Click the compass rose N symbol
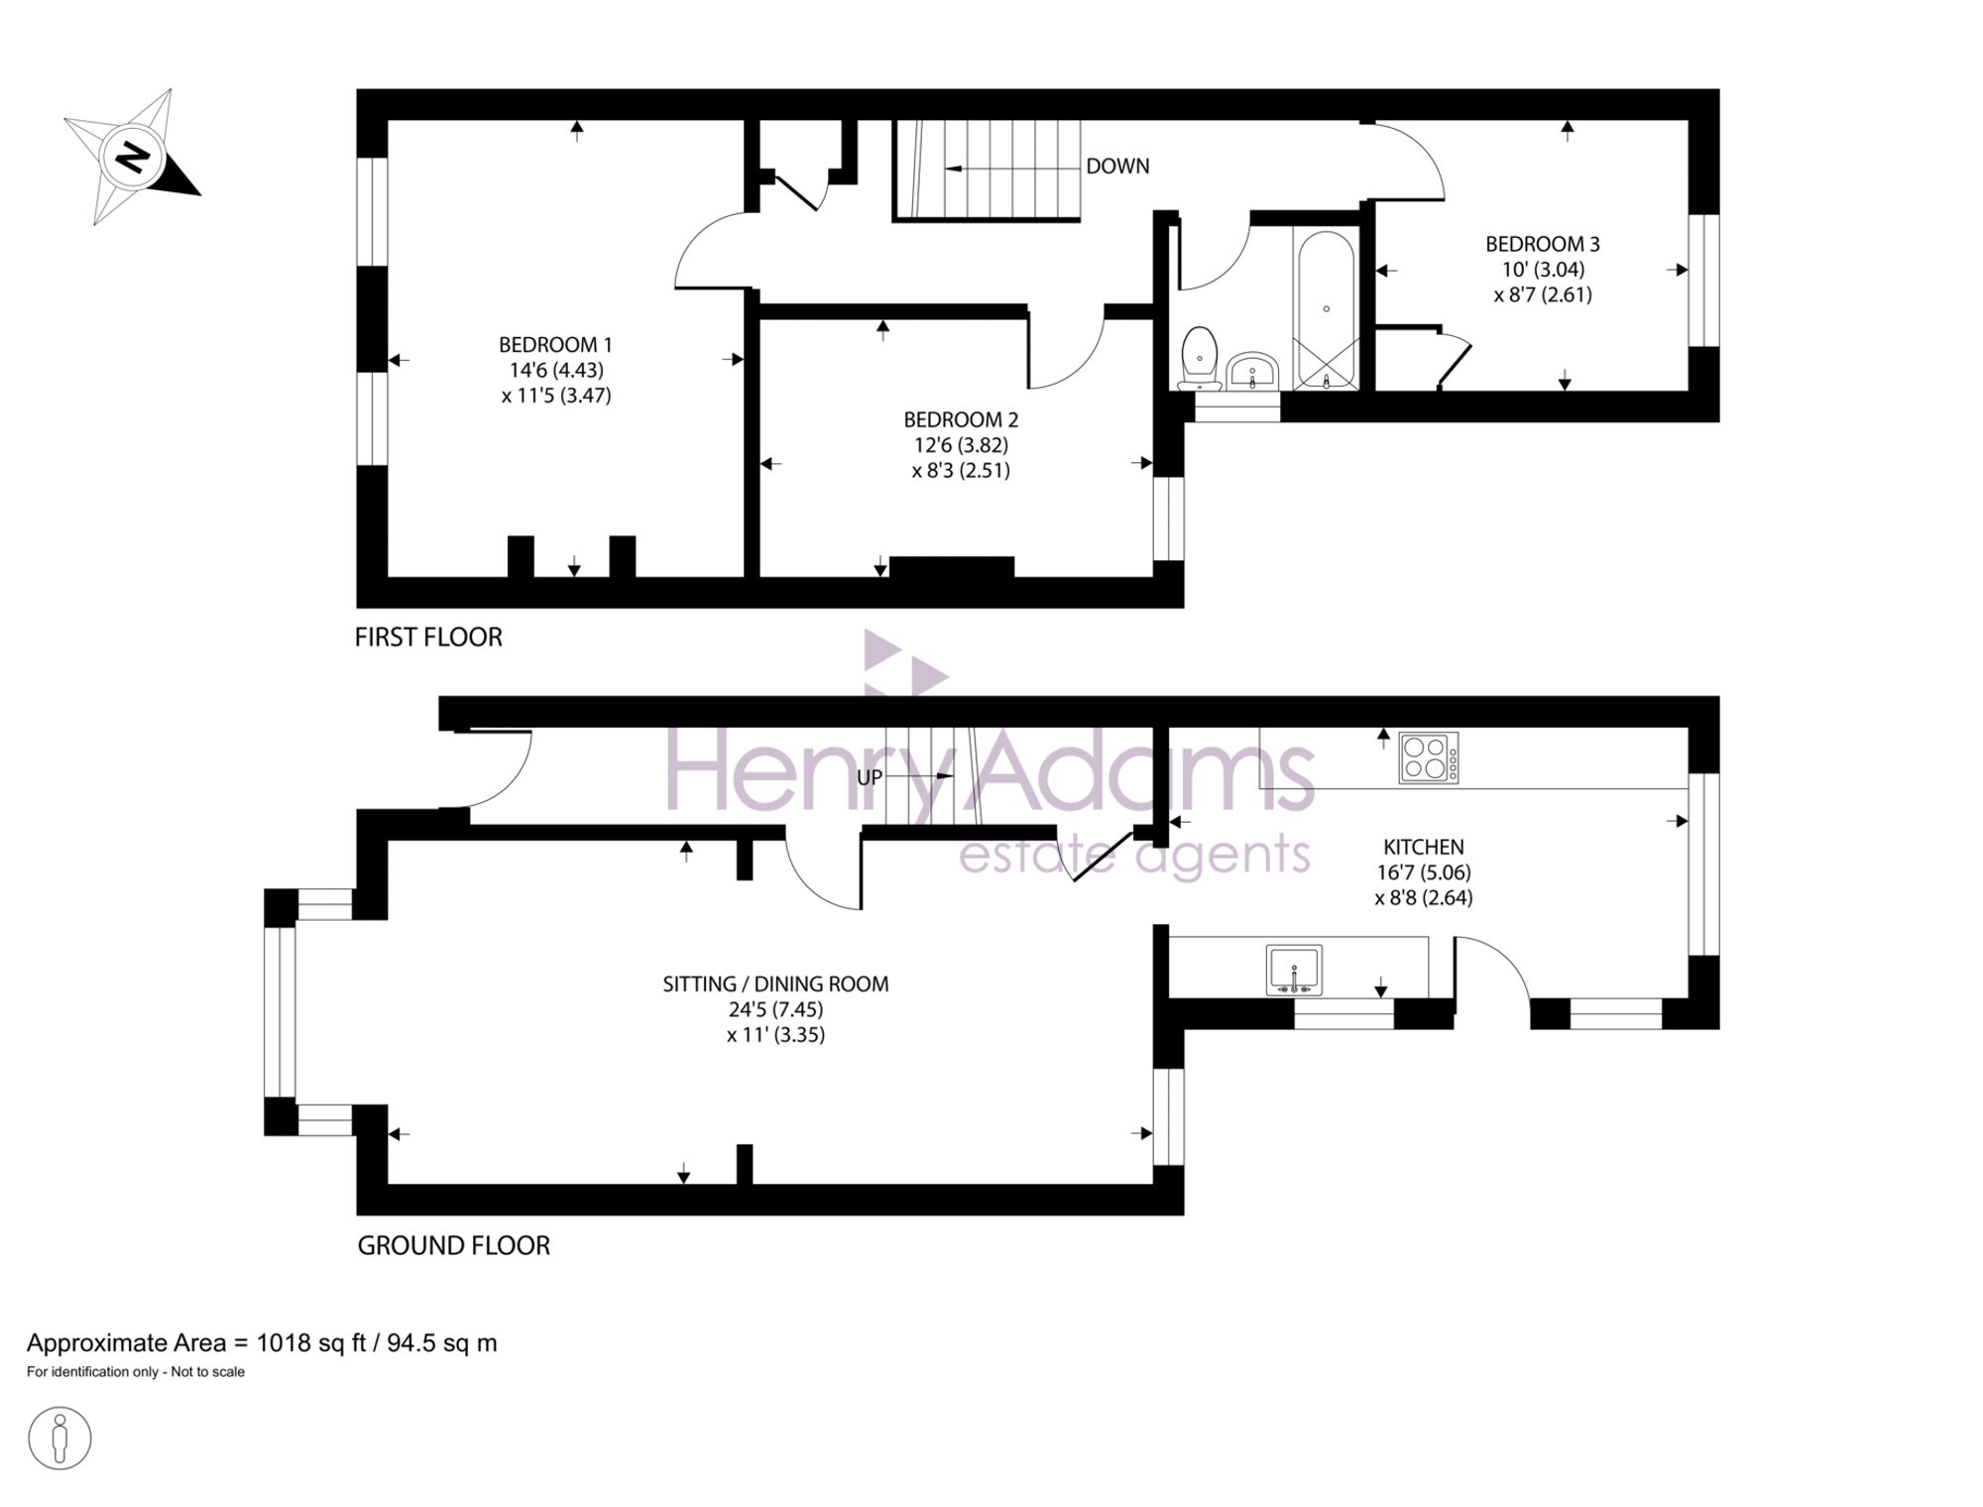pyautogui.click(x=132, y=158)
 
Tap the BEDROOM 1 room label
pyautogui.click(x=555, y=345)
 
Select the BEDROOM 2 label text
pyautogui.click(x=961, y=420)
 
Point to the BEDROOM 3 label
pyautogui.click(x=1542, y=244)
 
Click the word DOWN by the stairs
pyautogui.click(x=1117, y=167)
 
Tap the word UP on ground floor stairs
pyautogui.click(x=870, y=778)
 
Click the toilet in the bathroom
pyautogui.click(x=1200, y=358)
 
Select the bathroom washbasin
pyautogui.click(x=1253, y=372)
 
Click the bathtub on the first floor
pyautogui.click(x=1326, y=309)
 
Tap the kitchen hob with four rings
pyautogui.click(x=1429, y=757)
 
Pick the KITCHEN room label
pyautogui.click(x=1423, y=848)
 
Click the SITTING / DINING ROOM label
pyautogui.click(x=775, y=985)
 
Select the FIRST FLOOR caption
pyautogui.click(x=428, y=638)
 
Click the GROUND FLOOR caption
pyautogui.click(x=453, y=1246)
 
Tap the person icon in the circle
pyautogui.click(x=59, y=1438)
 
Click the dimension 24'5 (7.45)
pyautogui.click(x=775, y=1010)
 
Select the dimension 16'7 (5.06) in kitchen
pyautogui.click(x=1423, y=873)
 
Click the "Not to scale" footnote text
pyautogui.click(x=207, y=1372)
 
